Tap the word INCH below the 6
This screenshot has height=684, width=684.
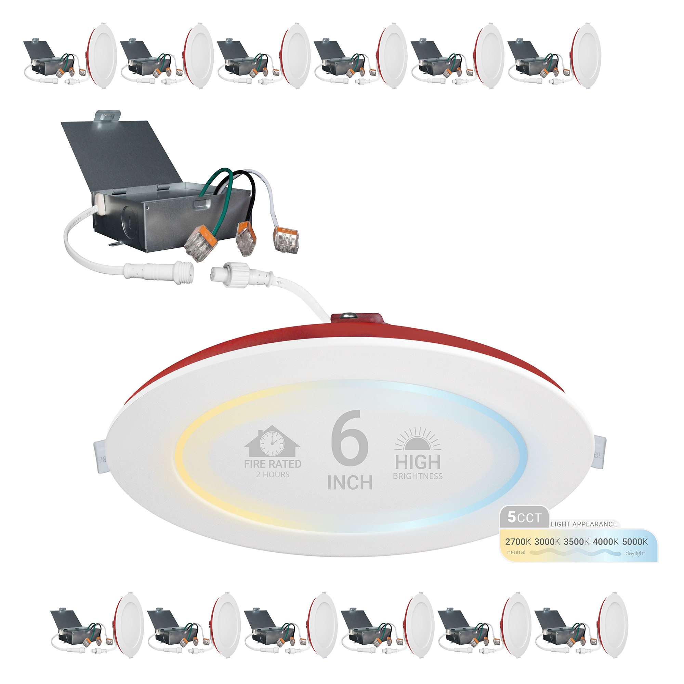pos(350,483)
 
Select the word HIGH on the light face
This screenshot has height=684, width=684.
pos(418,462)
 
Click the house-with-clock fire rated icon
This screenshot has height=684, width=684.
pos(272,441)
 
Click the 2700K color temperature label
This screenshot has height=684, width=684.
pos(517,542)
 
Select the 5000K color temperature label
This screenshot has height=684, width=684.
pos(635,542)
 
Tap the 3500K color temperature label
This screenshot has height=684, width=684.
pos(576,542)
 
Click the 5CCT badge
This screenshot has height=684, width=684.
pos(524,517)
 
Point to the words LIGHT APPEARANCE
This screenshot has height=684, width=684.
pos(584,524)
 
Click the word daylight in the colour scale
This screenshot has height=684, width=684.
pos(635,553)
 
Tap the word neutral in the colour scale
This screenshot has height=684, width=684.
pos(516,552)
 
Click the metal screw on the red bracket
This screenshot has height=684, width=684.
pos(346,315)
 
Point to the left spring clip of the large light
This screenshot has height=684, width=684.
pos(100,456)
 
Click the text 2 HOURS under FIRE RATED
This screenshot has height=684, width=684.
pos(273,474)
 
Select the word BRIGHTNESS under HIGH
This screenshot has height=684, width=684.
pos(418,476)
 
